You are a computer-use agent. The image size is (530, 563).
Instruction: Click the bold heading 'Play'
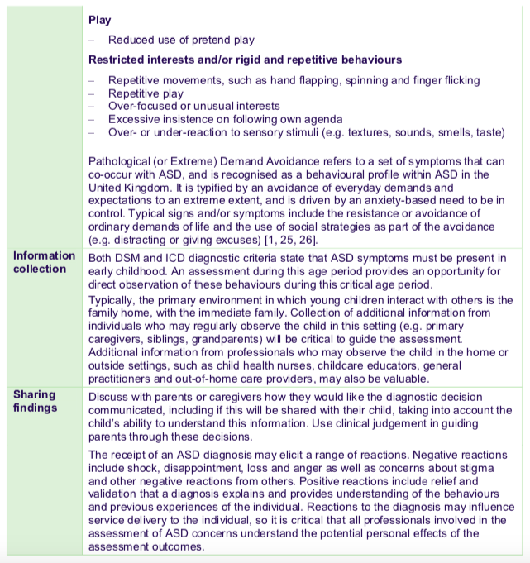coord(99,20)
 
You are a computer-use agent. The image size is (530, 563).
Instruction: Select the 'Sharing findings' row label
coord(35,401)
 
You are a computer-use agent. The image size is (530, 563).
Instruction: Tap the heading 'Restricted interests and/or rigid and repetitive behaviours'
coord(246,60)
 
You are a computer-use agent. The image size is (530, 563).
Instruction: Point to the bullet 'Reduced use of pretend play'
coord(182,40)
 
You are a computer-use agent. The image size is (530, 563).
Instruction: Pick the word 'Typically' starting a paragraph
coord(112,299)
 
